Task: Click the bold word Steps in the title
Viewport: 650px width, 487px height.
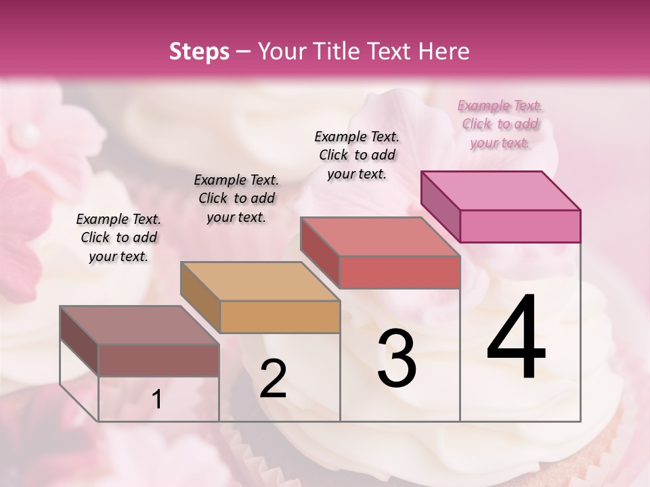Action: (x=199, y=51)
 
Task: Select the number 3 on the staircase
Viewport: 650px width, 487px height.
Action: (x=397, y=358)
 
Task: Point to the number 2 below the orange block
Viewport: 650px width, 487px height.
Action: (x=273, y=379)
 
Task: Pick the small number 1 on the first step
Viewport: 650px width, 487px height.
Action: (x=157, y=400)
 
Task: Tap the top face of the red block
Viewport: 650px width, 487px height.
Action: (x=379, y=236)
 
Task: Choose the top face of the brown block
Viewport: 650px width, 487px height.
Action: (x=139, y=325)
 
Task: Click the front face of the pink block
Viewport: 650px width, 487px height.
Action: (x=520, y=226)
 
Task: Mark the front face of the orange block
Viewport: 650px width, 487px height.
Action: (x=280, y=317)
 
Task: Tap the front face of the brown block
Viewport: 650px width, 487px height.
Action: (x=158, y=360)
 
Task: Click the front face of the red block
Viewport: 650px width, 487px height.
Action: (x=399, y=272)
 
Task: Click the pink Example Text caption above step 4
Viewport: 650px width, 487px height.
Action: (x=500, y=124)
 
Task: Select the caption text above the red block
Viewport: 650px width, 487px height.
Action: (x=357, y=155)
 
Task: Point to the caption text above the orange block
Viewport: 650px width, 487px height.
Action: (x=236, y=198)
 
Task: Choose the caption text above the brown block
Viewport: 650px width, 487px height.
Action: (x=118, y=237)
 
